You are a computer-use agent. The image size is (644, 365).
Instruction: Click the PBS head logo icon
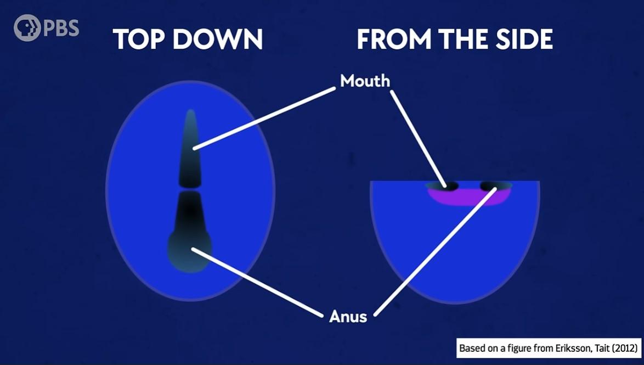[x=27, y=28]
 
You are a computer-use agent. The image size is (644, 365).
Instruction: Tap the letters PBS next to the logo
[x=61, y=29]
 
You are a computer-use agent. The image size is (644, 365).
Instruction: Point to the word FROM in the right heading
[x=394, y=40]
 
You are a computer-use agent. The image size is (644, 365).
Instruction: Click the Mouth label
[x=365, y=81]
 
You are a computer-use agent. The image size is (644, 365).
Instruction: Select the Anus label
[x=348, y=317]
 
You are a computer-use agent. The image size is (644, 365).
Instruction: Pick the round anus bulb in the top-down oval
[x=190, y=251]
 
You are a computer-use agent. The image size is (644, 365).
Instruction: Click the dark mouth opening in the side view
[x=443, y=186]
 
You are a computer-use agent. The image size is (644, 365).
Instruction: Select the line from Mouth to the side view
[x=418, y=140]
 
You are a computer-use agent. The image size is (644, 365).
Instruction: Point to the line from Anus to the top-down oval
[x=257, y=282]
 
